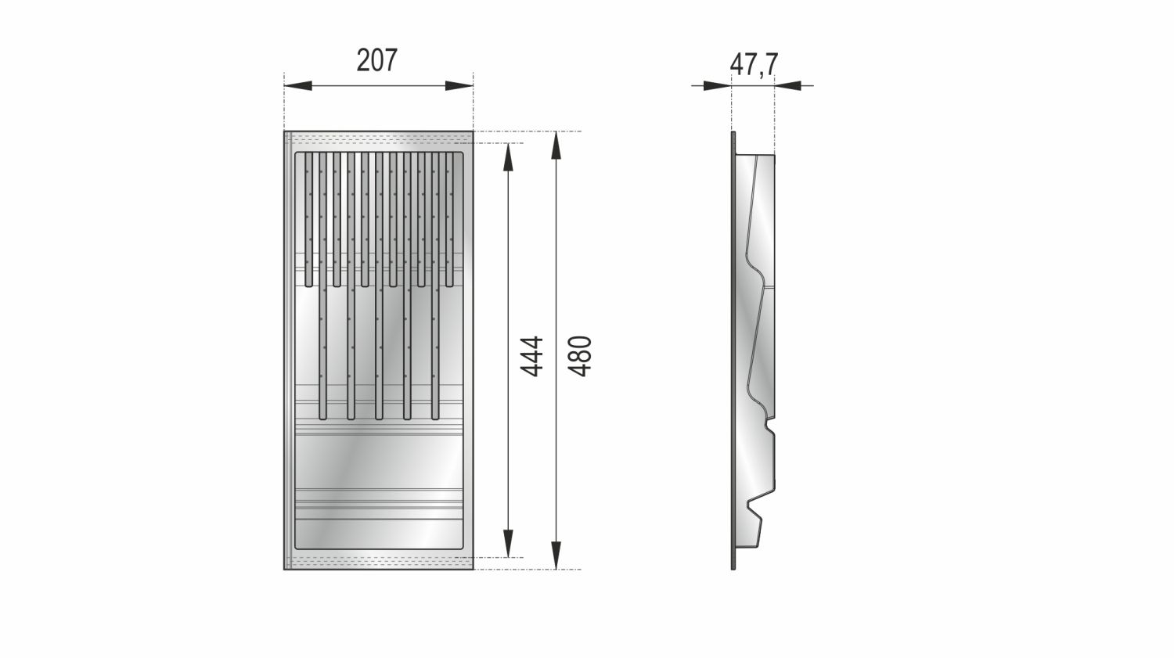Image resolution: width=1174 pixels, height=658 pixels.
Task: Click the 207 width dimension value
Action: pos(377,60)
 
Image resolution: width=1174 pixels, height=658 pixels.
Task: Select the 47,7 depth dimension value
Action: pos(754,64)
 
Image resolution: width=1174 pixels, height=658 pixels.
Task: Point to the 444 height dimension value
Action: pos(532,356)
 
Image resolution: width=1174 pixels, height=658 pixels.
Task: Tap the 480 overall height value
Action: pos(580,356)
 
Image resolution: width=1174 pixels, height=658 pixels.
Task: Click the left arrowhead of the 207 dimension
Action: pos(296,85)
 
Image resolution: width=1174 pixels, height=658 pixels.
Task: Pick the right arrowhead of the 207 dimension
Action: pos(461,85)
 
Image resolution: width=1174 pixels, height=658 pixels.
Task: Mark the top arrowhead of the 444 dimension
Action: pos(509,155)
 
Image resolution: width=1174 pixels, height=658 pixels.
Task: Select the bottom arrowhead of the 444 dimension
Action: pos(509,545)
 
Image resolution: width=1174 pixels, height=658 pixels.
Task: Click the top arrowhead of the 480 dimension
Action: pos(556,145)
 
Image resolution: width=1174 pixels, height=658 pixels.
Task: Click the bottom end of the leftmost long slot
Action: pos(322,416)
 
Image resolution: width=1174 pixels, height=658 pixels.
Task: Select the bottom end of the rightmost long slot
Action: pos(435,416)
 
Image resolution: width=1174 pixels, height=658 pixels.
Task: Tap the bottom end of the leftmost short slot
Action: pos(308,282)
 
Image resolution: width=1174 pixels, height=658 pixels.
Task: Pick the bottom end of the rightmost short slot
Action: pos(450,282)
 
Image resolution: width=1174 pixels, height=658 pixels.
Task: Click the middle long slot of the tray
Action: pos(379,352)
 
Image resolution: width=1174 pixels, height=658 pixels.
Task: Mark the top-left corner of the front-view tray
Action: pos(285,132)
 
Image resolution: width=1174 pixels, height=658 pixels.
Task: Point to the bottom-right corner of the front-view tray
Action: pos(473,568)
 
